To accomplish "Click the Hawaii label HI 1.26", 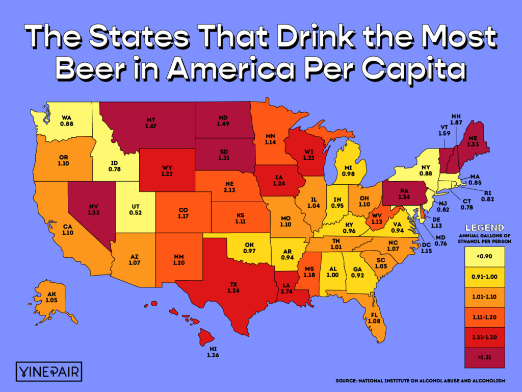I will coord(213,353).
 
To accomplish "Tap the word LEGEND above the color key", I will coord(486,227).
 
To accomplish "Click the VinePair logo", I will coord(48,371).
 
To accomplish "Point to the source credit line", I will coord(420,381).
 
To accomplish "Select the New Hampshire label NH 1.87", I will coord(457,119).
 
